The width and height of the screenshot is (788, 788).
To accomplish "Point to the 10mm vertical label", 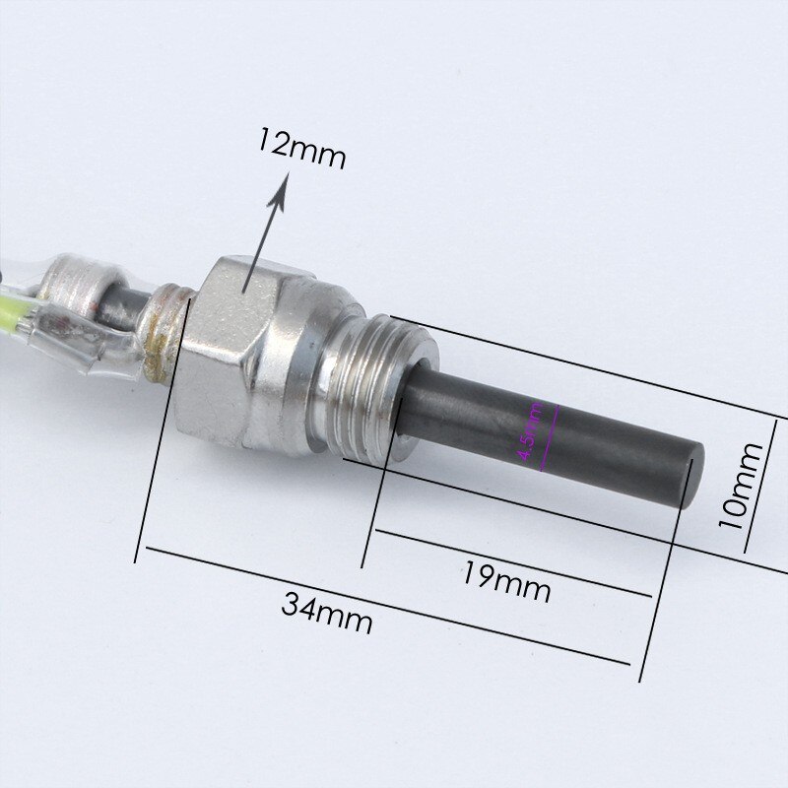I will pos(741,485).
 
